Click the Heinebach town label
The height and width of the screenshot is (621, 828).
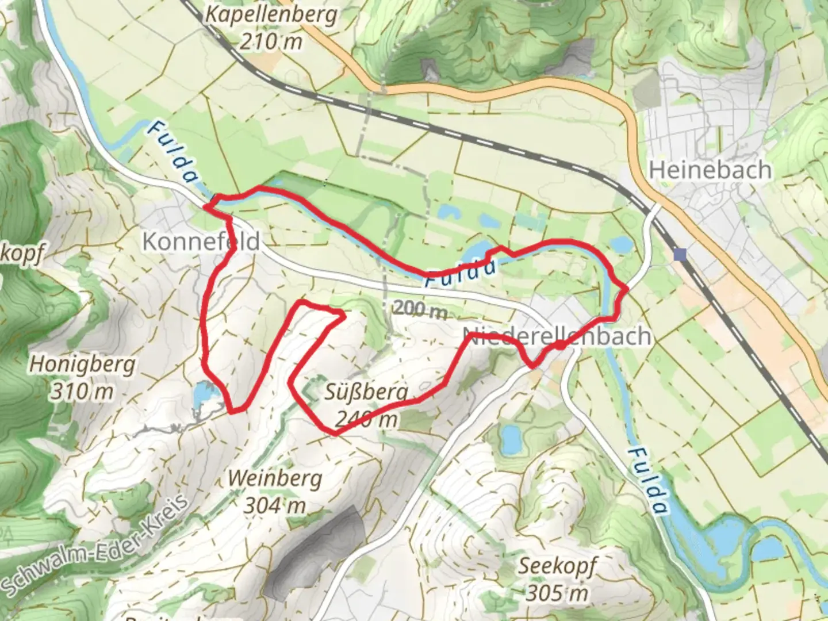click(710, 170)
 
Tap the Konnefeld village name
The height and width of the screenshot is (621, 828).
click(201, 241)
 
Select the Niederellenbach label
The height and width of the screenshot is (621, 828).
click(557, 336)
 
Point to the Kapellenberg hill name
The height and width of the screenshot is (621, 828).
click(271, 14)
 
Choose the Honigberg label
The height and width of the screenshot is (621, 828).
click(82, 364)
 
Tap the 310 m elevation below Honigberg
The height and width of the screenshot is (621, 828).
click(82, 392)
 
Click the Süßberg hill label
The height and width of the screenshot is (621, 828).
click(367, 393)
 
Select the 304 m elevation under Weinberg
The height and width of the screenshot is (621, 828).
click(275, 505)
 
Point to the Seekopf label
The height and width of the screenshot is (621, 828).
click(557, 566)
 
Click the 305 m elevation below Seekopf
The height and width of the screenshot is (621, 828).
click(557, 593)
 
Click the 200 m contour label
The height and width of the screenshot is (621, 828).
click(420, 310)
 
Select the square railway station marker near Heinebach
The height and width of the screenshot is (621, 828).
click(682, 254)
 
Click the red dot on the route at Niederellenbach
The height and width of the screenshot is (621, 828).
click(559, 346)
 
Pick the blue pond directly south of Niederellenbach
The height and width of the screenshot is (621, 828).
click(509, 439)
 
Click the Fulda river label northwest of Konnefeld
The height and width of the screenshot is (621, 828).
click(171, 152)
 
